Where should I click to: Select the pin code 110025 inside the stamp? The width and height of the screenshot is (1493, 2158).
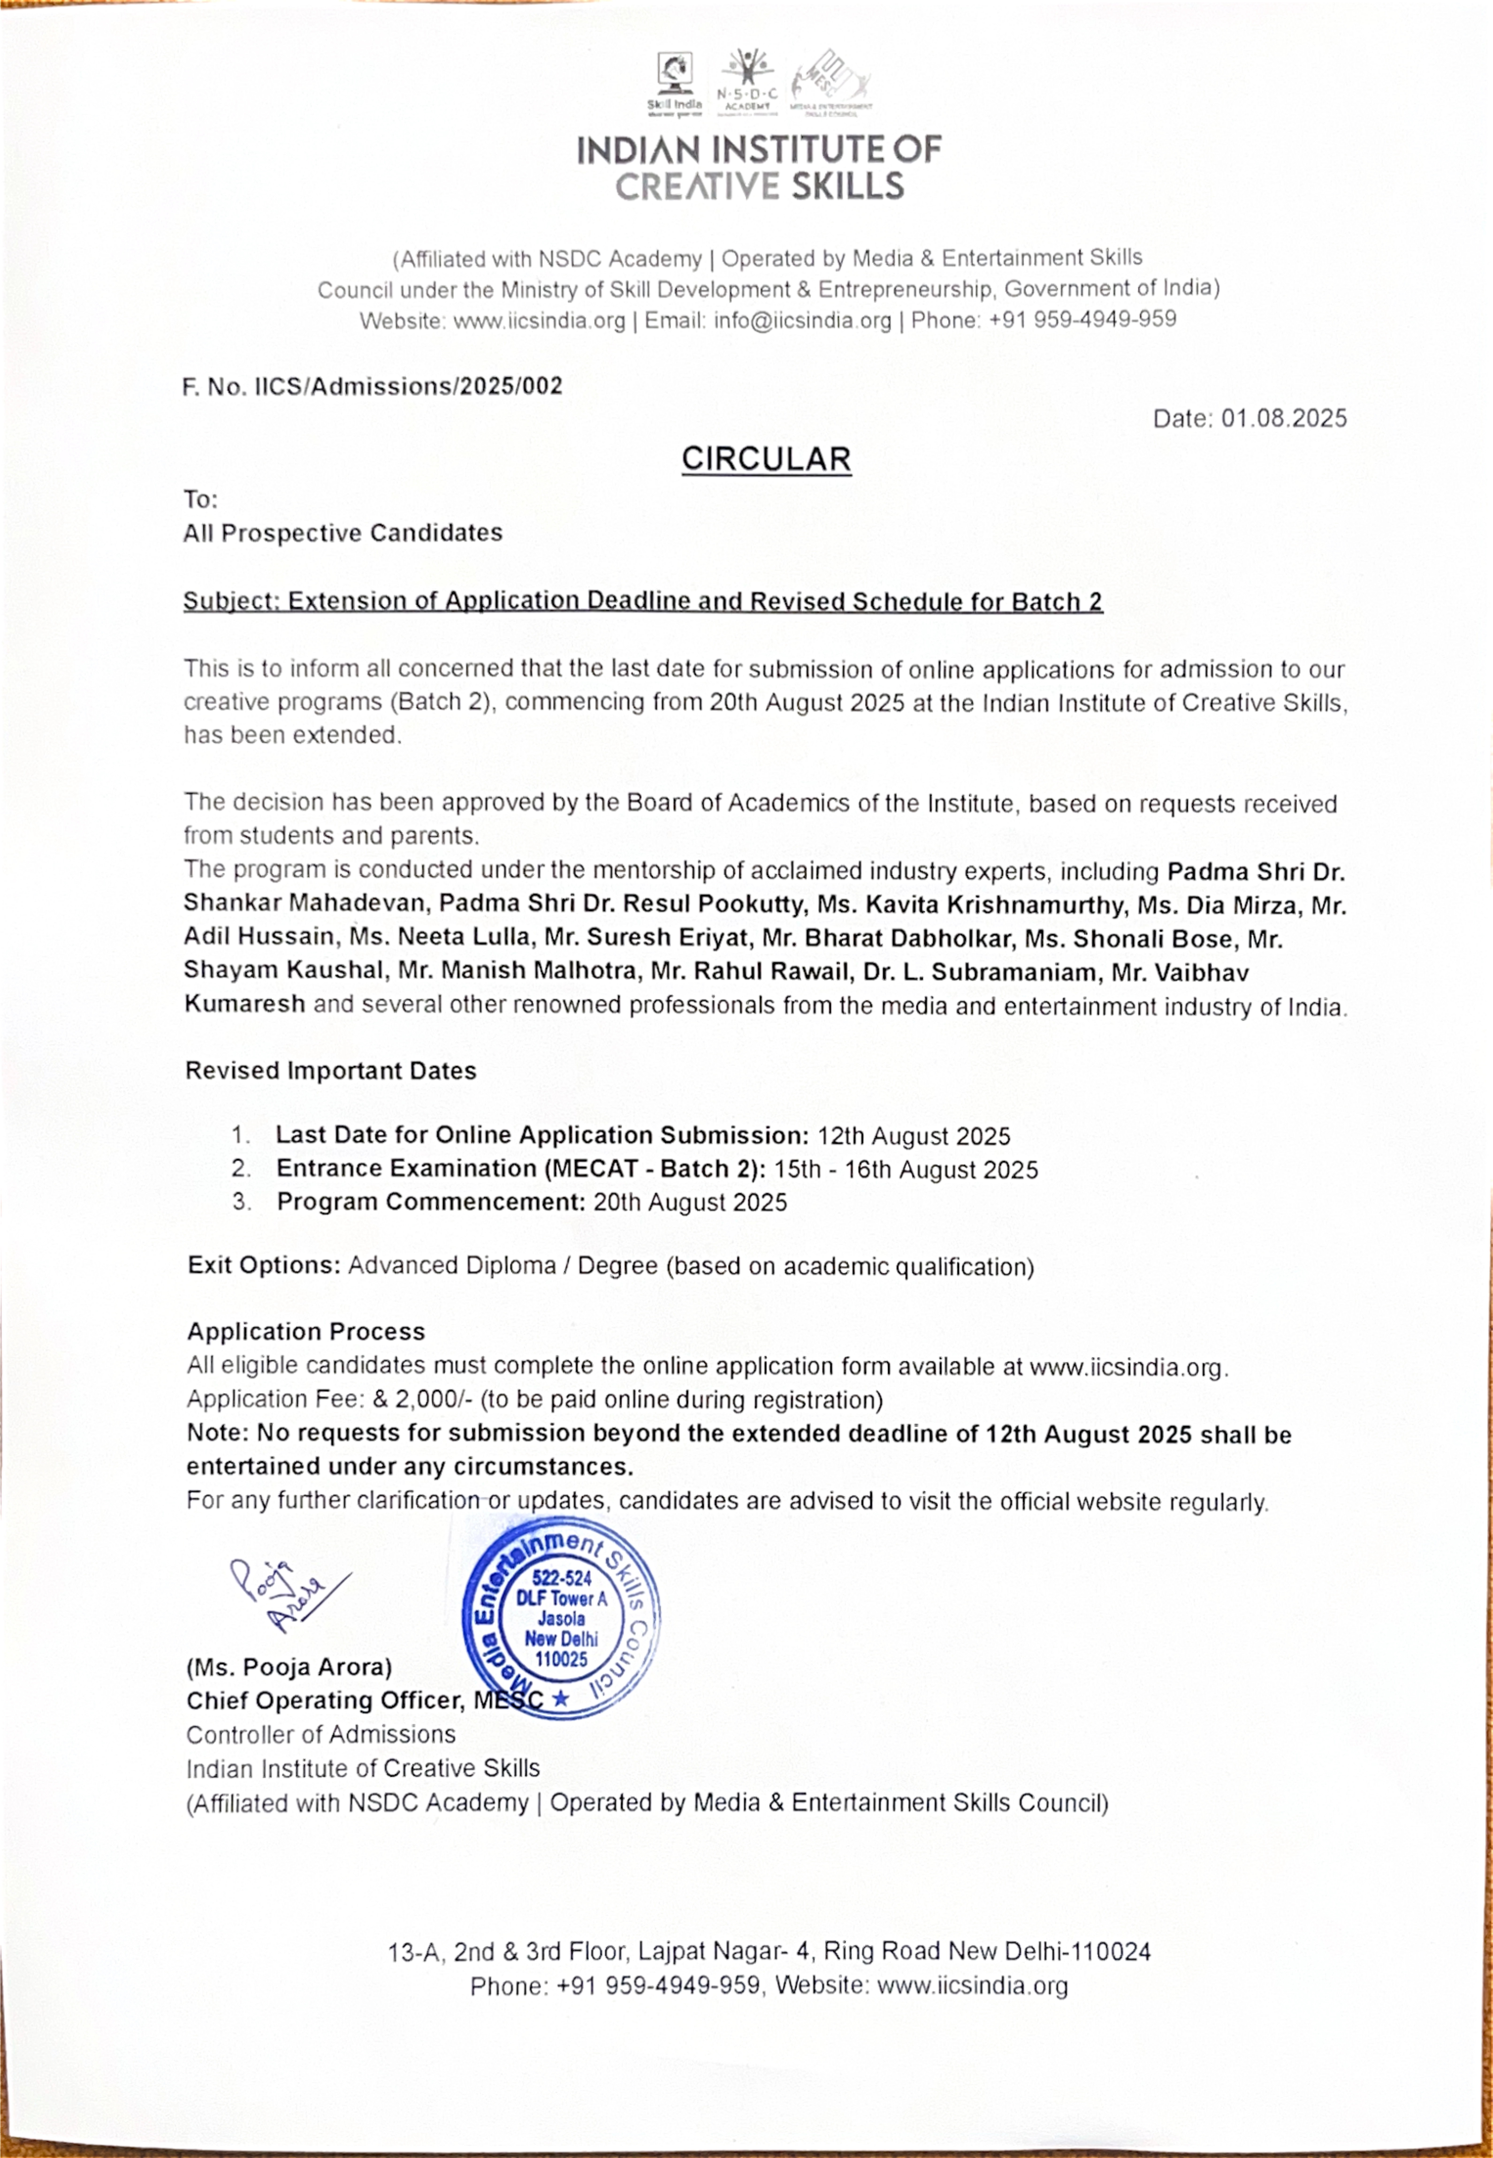click(560, 1659)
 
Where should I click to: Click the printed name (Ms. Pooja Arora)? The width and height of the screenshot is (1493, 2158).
click(289, 1668)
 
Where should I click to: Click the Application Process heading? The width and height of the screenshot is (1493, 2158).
click(306, 1332)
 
